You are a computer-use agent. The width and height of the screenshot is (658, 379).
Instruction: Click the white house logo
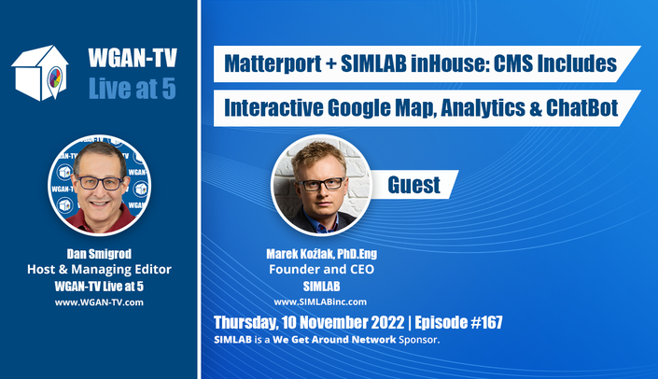(40, 73)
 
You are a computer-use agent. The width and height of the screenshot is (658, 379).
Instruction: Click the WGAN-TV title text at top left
(133, 58)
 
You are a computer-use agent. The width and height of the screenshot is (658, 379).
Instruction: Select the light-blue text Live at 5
(133, 89)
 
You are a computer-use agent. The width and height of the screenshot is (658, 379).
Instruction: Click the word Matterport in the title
(273, 63)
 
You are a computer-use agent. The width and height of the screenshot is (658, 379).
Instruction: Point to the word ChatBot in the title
(582, 108)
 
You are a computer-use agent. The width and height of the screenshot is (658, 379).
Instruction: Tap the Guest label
(413, 185)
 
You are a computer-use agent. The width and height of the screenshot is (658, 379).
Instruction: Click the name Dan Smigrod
(99, 254)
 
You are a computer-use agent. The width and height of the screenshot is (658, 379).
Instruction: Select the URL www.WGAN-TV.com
(99, 302)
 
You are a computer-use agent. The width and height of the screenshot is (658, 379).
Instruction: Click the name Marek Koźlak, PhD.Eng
(321, 254)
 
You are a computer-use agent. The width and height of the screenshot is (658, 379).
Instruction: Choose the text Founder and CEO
(321, 269)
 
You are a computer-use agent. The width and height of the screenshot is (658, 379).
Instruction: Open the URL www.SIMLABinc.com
(320, 302)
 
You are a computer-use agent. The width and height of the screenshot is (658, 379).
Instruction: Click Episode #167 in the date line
(458, 322)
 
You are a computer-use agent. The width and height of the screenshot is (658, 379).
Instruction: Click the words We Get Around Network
(334, 340)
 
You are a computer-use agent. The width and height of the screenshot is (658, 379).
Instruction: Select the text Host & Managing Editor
(99, 269)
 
